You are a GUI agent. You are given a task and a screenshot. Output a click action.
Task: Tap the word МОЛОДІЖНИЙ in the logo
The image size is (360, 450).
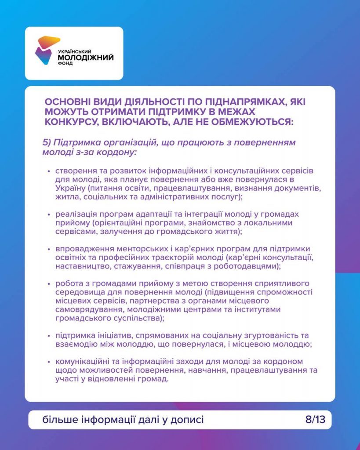pyautogui.click(x=86, y=57)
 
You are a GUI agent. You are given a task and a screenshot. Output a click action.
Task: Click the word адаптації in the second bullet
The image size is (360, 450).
pyautogui.click(x=160, y=214)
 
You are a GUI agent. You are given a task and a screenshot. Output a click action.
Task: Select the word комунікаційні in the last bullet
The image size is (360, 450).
pyautogui.click(x=81, y=362)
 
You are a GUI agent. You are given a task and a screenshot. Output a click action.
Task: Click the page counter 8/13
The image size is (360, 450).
pyautogui.click(x=315, y=420)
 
